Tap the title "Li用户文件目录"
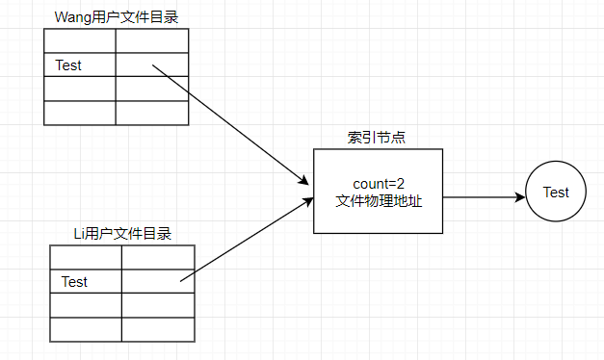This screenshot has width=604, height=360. [x=122, y=233]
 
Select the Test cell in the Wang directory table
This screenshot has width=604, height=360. [x=80, y=65]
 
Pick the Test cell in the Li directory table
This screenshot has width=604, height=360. [x=86, y=282]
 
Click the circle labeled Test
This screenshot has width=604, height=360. [x=556, y=192]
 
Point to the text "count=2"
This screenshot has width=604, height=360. [x=378, y=183]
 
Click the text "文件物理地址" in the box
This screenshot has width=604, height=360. [x=378, y=201]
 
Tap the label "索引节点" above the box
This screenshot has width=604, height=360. [x=377, y=137]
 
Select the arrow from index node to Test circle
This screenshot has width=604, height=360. [x=482, y=197]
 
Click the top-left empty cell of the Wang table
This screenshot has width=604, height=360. [x=80, y=41]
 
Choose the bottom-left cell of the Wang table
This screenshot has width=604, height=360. [x=80, y=113]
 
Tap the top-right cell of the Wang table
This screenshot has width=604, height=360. [x=152, y=41]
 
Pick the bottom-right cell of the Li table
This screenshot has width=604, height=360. [x=158, y=329]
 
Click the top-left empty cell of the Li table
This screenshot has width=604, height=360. [x=86, y=257]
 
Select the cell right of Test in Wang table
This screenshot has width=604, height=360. [x=152, y=65]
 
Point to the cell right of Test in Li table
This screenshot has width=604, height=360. [x=158, y=281]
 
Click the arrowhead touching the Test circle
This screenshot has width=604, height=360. [x=521, y=197]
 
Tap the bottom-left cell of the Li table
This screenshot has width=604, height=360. [x=86, y=329]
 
